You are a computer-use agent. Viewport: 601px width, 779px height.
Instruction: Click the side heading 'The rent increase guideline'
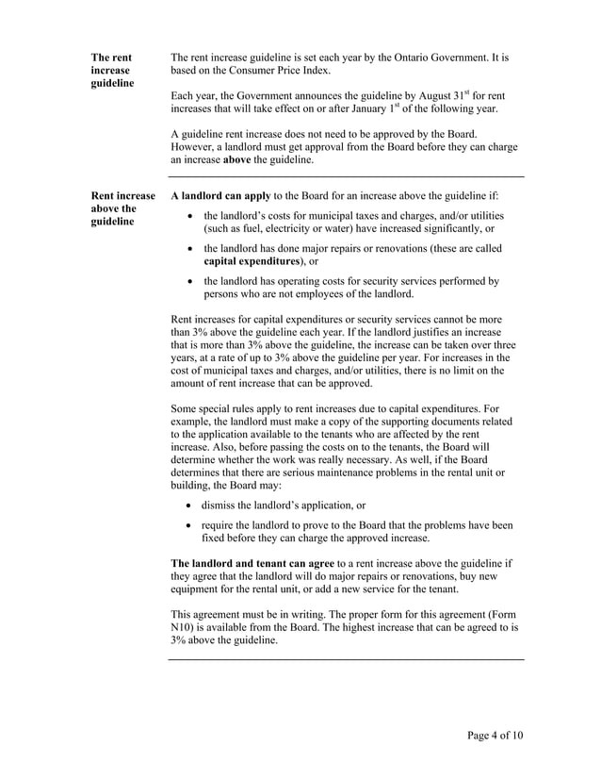click(x=112, y=71)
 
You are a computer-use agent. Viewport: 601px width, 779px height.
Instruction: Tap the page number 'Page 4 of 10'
click(x=495, y=736)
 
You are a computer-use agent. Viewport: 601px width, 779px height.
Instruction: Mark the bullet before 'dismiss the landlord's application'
click(x=191, y=506)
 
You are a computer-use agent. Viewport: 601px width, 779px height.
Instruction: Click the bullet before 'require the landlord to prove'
click(x=191, y=525)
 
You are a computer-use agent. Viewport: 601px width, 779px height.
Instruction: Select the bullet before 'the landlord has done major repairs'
click(x=191, y=249)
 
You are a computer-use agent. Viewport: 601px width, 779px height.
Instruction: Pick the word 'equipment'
click(x=200, y=589)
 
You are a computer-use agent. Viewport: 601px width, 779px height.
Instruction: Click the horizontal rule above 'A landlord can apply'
click(x=346, y=176)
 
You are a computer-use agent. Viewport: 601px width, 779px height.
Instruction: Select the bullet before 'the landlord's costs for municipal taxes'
click(x=191, y=216)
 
